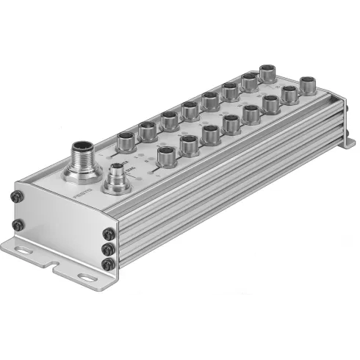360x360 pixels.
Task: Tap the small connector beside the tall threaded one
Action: click(115, 179)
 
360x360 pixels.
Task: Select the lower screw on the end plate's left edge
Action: click(16, 223)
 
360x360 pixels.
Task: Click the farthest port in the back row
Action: click(268, 74)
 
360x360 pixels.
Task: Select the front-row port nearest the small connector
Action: click(167, 156)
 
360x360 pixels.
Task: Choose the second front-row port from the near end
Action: click(189, 145)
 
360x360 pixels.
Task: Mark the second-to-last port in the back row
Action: click(250, 82)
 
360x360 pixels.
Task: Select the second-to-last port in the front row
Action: click(291, 93)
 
